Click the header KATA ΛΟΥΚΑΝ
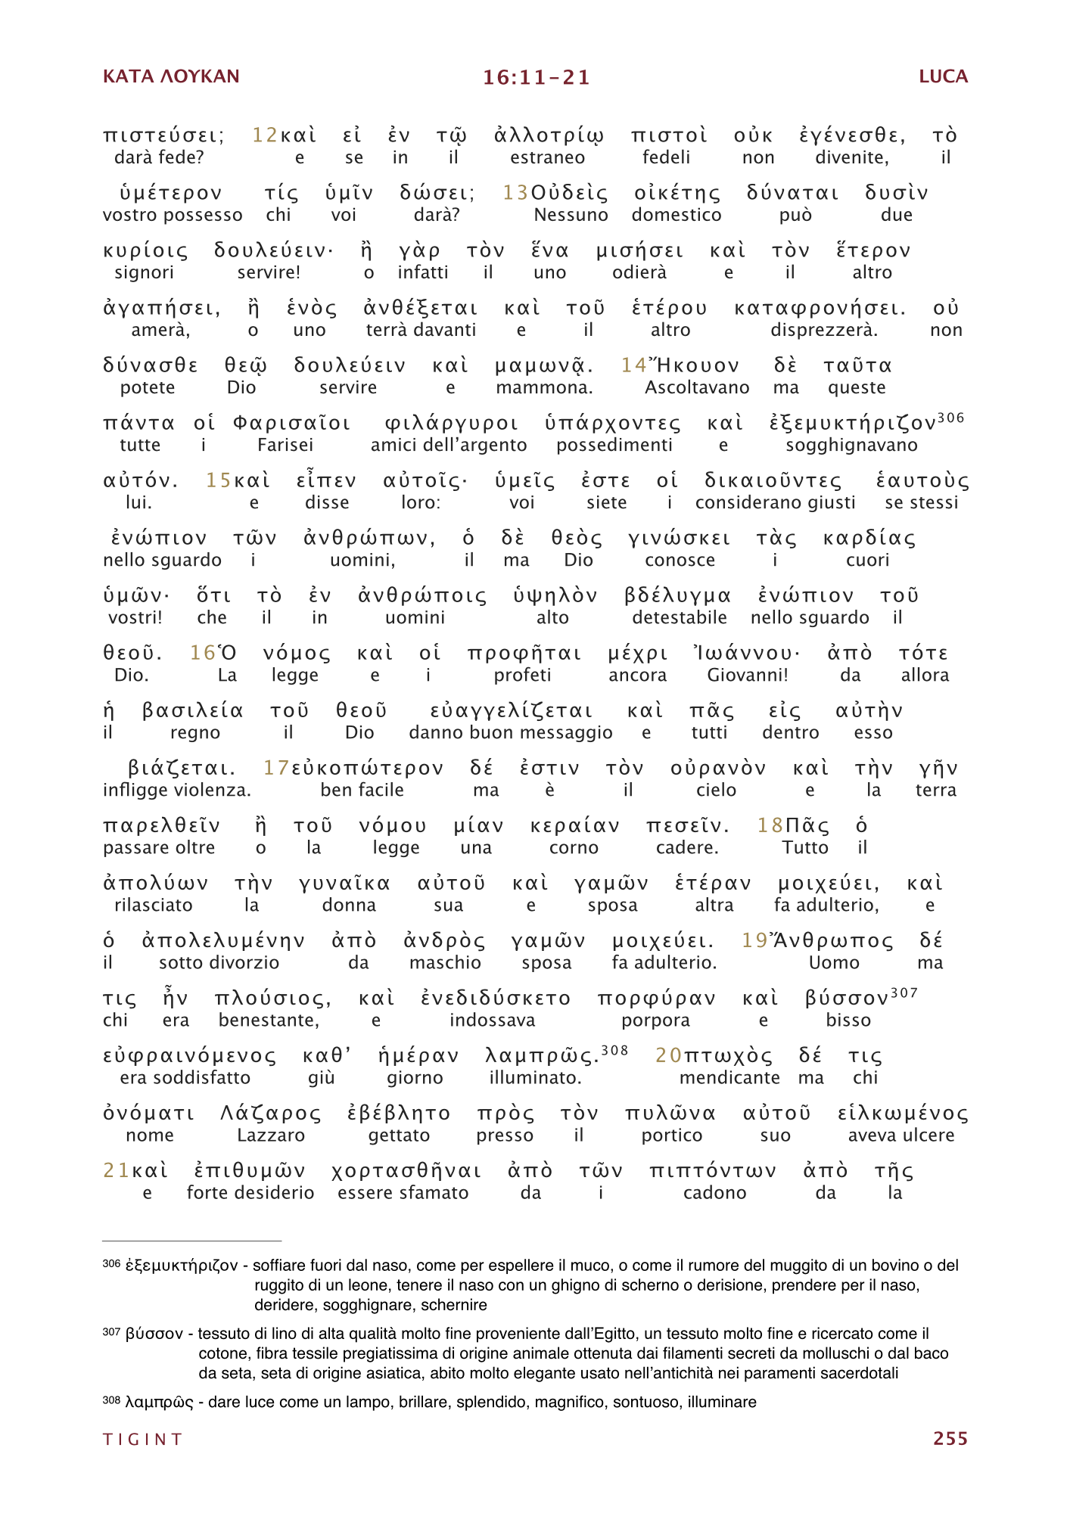(171, 76)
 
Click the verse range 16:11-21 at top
(536, 77)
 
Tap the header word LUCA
(943, 76)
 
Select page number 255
(950, 1438)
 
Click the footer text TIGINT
(143, 1439)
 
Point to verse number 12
(265, 135)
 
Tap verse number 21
(116, 1170)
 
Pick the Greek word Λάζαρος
(270, 1114)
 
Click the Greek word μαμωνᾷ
(543, 366)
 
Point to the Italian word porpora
(655, 1020)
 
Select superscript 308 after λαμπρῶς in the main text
(614, 1049)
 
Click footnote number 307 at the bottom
(111, 1332)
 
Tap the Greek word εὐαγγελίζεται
(511, 711)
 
